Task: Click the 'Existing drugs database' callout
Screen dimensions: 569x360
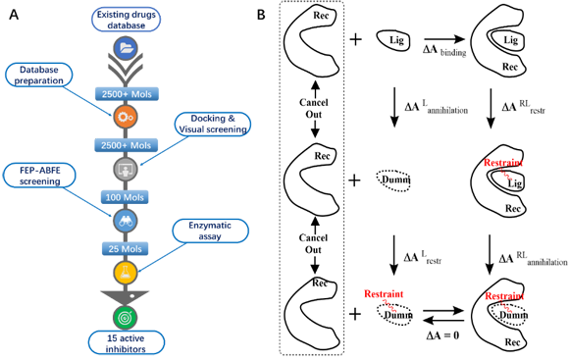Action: tap(126, 20)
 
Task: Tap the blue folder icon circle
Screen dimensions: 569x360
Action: tap(126, 48)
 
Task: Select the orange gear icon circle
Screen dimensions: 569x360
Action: tap(126, 117)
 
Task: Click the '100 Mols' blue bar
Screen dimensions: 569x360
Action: tap(125, 197)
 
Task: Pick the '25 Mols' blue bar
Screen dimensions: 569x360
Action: tap(125, 249)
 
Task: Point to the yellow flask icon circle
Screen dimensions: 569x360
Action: tap(126, 272)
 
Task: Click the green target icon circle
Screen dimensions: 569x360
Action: tap(126, 318)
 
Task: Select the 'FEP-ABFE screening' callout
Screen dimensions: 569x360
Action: tap(39, 176)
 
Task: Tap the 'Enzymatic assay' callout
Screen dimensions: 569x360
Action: tap(210, 231)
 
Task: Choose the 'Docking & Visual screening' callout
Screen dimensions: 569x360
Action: tap(213, 125)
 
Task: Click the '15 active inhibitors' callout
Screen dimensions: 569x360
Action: tap(126, 343)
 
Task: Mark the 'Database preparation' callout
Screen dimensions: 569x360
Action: tap(39, 76)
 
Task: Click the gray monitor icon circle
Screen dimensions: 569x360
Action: tap(126, 169)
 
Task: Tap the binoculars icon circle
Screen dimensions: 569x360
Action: tap(126, 221)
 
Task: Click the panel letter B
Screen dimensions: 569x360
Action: tap(261, 15)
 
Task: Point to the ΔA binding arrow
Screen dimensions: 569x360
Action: tap(444, 39)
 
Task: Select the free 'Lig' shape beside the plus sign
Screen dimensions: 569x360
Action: tap(393, 40)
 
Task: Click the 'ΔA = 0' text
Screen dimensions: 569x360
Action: tap(442, 334)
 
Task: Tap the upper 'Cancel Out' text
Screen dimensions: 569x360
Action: tap(314, 108)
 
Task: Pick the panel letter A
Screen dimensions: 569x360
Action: tap(14, 15)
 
